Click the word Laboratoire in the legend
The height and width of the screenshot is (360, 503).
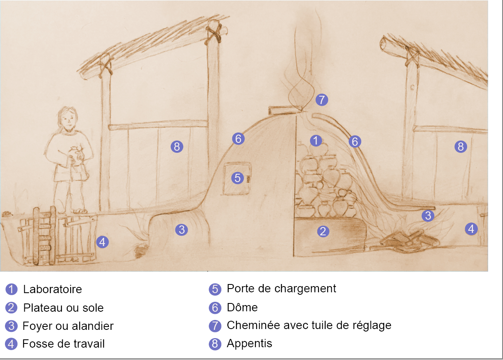52,289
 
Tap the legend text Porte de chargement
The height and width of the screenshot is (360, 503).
281,289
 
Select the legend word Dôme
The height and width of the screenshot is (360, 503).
242,307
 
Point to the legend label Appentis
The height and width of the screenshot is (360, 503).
250,343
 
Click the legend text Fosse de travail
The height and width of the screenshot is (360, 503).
64,344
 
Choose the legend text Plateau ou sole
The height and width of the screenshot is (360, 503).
63,308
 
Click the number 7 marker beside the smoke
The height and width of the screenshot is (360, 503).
322,99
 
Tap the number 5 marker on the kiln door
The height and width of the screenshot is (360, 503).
238,178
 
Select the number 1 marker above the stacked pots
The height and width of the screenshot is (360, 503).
316,140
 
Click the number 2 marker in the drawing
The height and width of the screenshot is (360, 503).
323,231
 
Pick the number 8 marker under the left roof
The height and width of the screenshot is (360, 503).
177,147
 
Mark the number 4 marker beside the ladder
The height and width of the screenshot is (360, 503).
102,242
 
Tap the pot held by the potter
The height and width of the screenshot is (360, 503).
75,156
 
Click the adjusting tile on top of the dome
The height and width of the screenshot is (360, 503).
285,110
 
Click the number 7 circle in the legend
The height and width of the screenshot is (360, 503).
215,326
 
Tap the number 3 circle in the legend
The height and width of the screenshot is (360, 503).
11,326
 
